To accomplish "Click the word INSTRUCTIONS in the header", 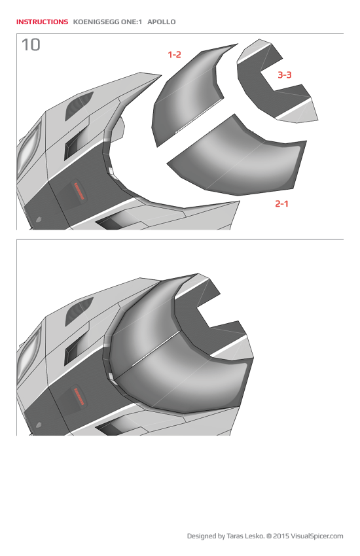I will tap(42, 22).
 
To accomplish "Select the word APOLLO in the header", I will tap(162, 22).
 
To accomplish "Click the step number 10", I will tap(30, 44).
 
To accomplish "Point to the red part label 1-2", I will tap(174, 55).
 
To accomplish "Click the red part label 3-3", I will tap(284, 75).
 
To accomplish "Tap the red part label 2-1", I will tap(281, 203).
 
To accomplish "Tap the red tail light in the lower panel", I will tap(79, 396).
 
